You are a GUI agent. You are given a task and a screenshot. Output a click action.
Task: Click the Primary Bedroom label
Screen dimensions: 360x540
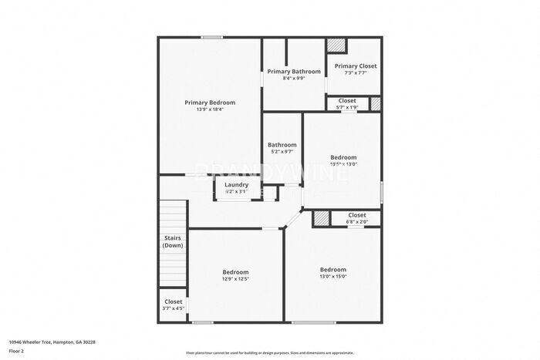pos(209,102)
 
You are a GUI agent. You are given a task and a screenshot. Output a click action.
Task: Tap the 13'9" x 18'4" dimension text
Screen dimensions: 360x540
pos(209,109)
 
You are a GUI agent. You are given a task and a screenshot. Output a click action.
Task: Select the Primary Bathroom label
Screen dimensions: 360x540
pos(294,71)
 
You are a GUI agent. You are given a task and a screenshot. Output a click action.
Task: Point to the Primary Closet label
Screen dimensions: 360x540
pos(356,66)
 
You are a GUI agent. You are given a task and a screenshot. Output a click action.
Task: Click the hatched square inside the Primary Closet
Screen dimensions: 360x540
pos(336,45)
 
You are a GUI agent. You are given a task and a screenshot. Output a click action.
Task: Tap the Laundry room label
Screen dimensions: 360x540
pos(236,185)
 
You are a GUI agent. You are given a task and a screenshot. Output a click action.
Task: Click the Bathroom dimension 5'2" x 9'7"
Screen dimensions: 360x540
pos(282,152)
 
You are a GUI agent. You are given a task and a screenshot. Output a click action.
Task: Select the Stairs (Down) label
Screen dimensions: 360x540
pos(173,242)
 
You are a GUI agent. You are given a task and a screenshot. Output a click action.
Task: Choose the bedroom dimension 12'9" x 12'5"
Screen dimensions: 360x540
pos(235,279)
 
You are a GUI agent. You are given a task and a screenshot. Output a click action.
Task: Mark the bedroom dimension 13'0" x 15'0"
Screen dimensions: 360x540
pos(333,276)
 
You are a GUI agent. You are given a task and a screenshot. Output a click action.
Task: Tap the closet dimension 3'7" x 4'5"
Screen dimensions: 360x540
pos(173,308)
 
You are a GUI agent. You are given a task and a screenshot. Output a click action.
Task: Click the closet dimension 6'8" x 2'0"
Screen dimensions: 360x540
pos(356,222)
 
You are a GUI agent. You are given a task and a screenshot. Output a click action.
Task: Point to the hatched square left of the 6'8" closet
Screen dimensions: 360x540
pos(320,219)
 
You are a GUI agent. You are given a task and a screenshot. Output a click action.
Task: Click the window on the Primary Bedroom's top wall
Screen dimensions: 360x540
pos(212,37)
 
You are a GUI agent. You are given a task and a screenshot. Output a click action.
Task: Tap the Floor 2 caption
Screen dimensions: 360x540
pos(17,350)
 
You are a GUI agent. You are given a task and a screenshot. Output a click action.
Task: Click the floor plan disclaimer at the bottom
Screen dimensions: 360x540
pos(269,352)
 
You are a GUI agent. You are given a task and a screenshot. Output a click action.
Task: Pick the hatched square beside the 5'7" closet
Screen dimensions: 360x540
pos(376,103)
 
